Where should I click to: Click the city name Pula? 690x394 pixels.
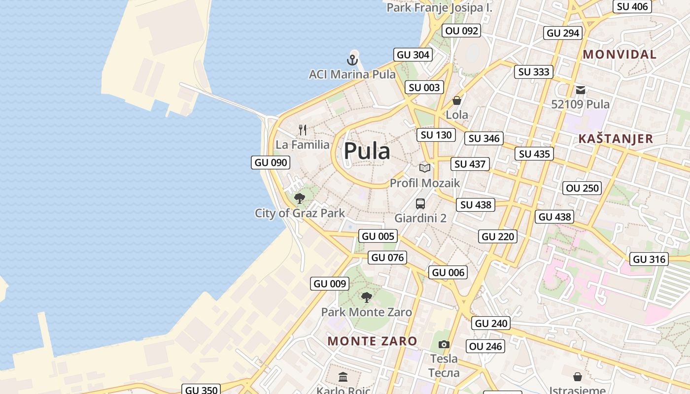(367, 151)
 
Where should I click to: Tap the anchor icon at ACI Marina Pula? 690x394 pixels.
(352, 60)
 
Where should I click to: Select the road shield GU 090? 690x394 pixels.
(270, 163)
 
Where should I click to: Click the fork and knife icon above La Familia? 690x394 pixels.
(303, 130)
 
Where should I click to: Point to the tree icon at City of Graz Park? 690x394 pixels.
(299, 198)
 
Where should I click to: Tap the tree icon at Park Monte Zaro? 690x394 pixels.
(366, 297)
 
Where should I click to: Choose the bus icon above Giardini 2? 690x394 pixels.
(420, 203)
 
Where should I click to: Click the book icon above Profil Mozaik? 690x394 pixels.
(425, 168)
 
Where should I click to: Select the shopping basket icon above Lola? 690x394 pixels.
(457, 100)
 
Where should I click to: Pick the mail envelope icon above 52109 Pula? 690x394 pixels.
(581, 90)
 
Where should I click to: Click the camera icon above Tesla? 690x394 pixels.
(444, 344)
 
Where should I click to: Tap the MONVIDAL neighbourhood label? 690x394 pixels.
(620, 54)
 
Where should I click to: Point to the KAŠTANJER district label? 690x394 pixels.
(616, 138)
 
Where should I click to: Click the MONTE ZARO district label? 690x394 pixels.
(372, 341)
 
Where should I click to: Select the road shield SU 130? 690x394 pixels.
(436, 134)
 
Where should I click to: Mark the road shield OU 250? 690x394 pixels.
(582, 188)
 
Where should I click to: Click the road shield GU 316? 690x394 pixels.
(649, 259)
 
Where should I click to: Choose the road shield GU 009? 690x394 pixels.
(330, 283)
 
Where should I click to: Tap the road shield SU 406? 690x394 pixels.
(632, 6)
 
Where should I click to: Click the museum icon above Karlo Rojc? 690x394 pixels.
(343, 377)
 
